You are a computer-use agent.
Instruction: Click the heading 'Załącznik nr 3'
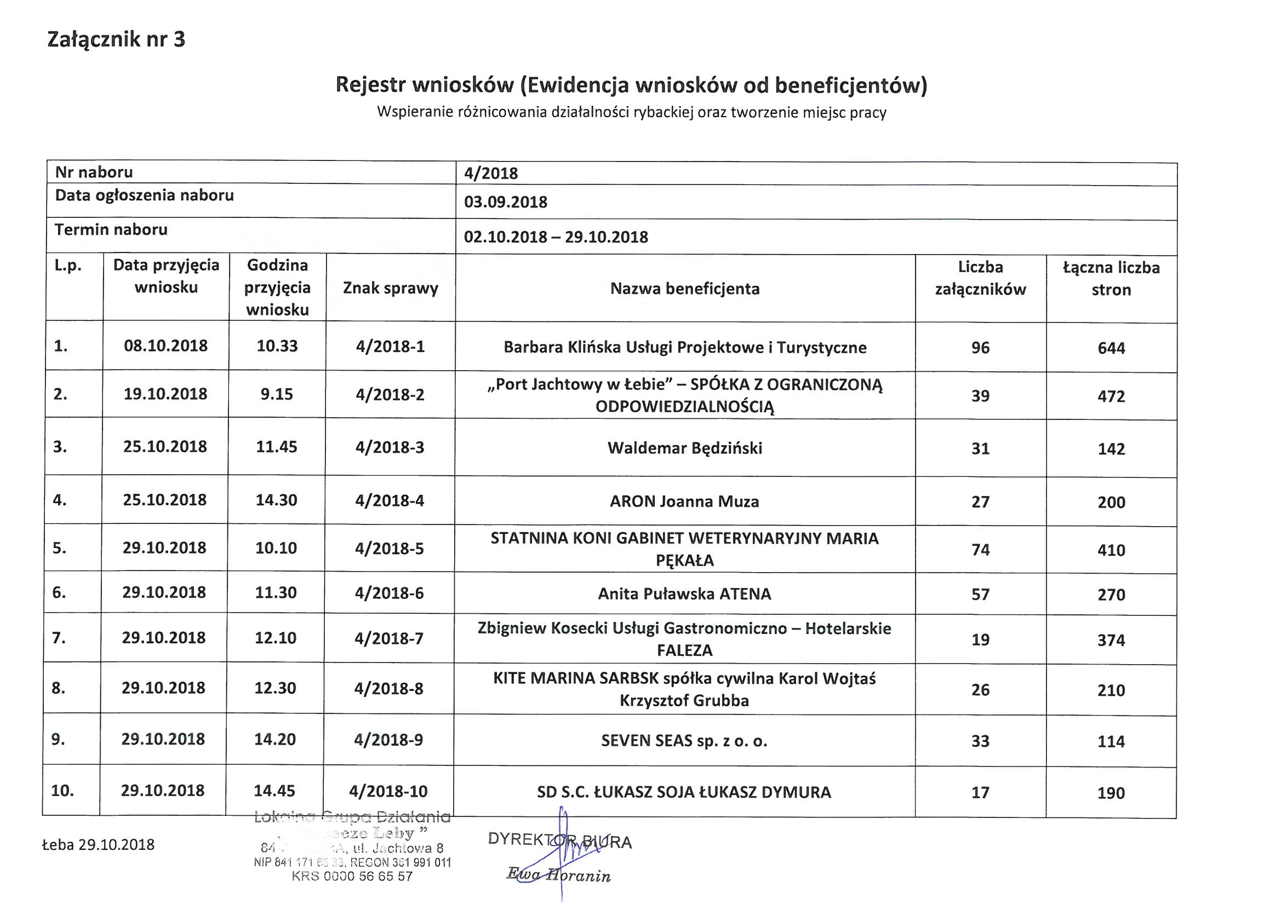[116, 39]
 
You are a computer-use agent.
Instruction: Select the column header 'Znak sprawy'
[391, 289]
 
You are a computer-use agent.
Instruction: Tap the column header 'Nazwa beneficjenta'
[684, 289]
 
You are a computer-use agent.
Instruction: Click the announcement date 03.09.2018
[506, 202]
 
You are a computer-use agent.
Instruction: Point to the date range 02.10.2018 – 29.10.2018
[556, 237]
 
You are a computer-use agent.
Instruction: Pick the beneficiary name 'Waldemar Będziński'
[684, 448]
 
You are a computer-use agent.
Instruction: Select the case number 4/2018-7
[389, 638]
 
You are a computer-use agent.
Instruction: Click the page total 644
[1111, 349]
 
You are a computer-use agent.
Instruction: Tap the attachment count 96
[980, 348]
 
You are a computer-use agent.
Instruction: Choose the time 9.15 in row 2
[277, 394]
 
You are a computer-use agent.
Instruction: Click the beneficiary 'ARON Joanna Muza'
[684, 502]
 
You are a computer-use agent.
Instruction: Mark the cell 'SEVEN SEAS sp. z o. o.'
[684, 741]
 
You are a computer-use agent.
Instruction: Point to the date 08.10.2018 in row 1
[165, 345]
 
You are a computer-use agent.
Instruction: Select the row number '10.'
[62, 791]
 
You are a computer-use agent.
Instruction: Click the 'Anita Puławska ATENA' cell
[684, 594]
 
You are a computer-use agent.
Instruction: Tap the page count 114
[1111, 742]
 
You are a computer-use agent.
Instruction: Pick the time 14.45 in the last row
[274, 791]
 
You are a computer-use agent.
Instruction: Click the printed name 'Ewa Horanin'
[558, 875]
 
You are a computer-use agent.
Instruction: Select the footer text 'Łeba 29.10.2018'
[98, 845]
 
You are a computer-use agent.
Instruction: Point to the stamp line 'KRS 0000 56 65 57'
[352, 876]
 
